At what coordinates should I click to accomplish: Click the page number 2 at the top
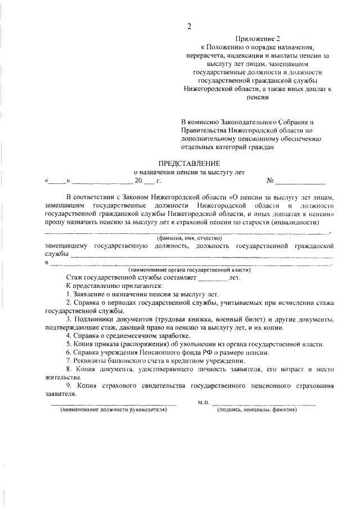tap(189, 26)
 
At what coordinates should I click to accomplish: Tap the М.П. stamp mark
tap(204, 403)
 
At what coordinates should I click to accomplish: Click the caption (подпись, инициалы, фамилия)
tap(257, 410)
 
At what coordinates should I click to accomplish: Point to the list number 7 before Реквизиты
tap(67, 360)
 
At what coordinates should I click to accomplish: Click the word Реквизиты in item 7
tap(89, 360)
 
